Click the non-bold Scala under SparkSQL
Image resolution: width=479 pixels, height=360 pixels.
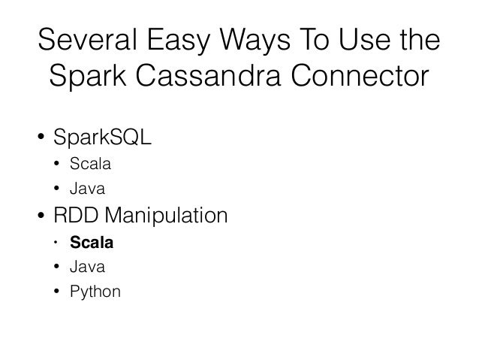coord(88,162)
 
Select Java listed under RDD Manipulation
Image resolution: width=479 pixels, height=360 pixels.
coord(85,267)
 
